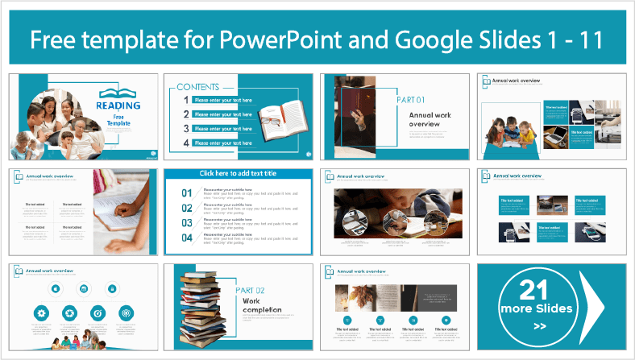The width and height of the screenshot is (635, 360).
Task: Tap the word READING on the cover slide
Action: tap(118, 105)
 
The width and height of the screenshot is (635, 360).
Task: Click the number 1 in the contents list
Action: tap(186, 101)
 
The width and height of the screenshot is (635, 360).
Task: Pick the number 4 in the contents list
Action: tap(186, 143)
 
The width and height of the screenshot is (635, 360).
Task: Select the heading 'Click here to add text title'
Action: tap(238, 174)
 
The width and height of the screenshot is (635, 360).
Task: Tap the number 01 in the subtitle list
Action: tap(187, 193)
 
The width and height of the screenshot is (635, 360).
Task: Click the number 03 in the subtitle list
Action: tap(187, 222)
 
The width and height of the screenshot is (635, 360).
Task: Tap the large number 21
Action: tap(539, 289)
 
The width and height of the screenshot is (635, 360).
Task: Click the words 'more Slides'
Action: tap(539, 308)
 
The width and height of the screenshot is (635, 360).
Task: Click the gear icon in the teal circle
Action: tap(42, 312)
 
